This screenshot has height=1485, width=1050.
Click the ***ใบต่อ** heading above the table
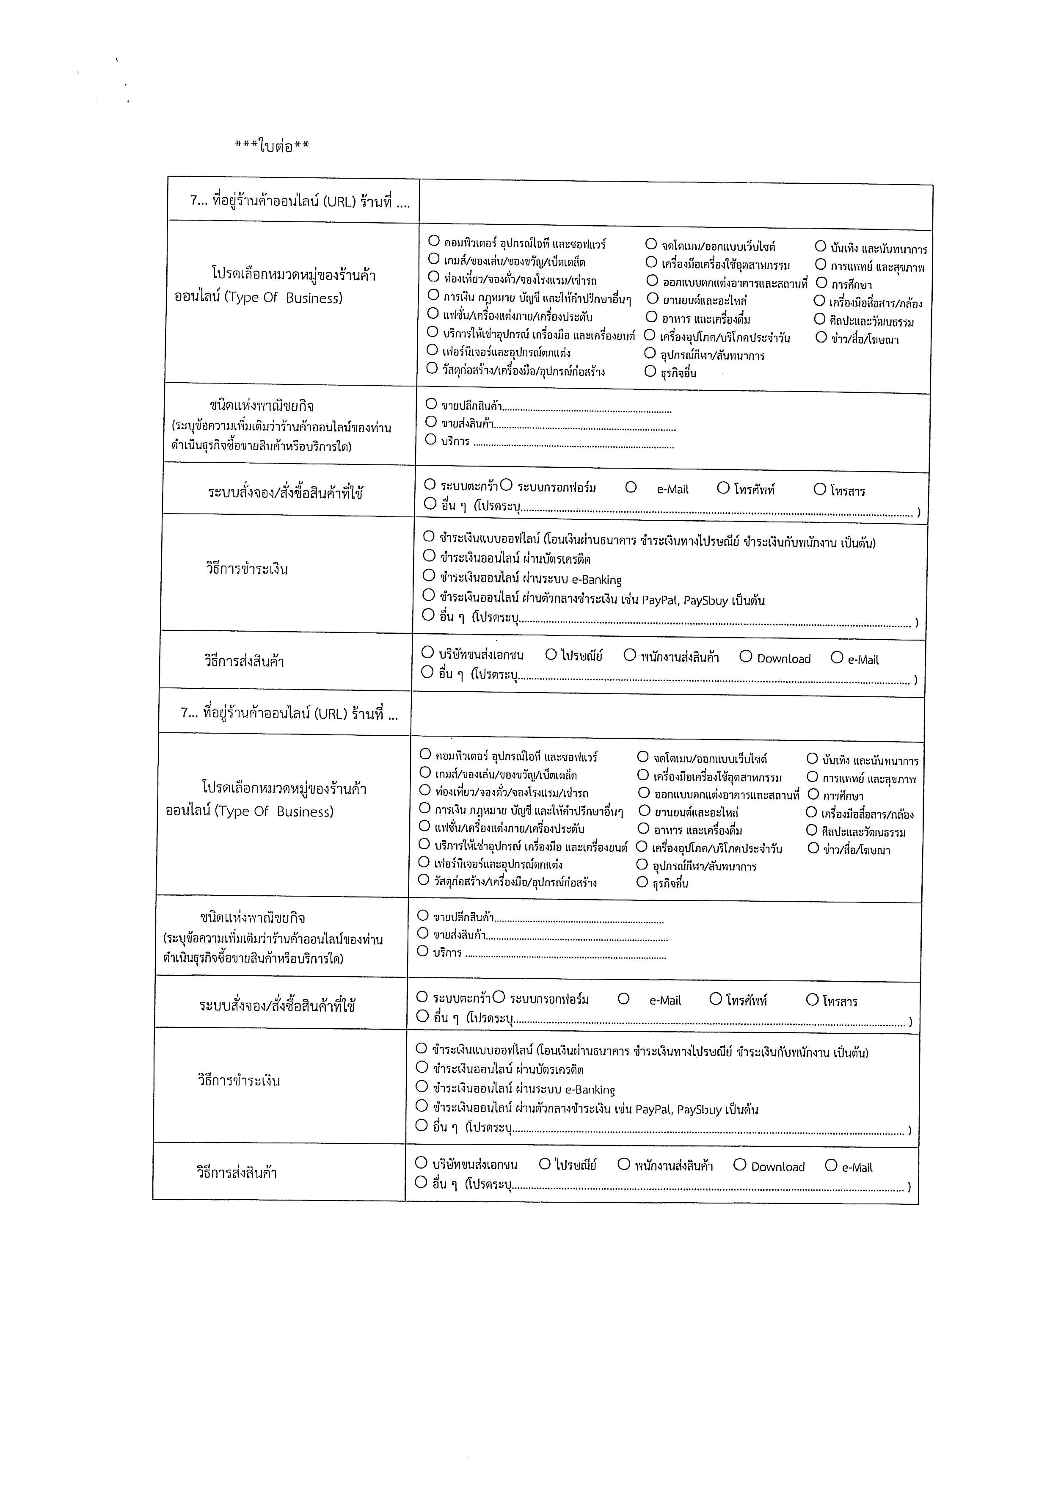pyautogui.click(x=272, y=146)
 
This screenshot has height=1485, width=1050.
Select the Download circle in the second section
pyautogui.click(x=740, y=1165)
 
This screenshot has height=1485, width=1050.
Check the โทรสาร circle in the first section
pyautogui.click(x=820, y=489)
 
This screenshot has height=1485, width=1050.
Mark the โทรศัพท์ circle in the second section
pyautogui.click(x=716, y=999)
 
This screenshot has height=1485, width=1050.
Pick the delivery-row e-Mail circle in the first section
pyautogui.click(x=837, y=658)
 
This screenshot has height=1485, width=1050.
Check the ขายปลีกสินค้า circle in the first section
pyautogui.click(x=431, y=404)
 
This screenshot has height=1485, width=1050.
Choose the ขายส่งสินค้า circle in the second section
pyautogui.click(x=423, y=933)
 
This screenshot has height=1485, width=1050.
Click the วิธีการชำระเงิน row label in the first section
pyautogui.click(x=247, y=570)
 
